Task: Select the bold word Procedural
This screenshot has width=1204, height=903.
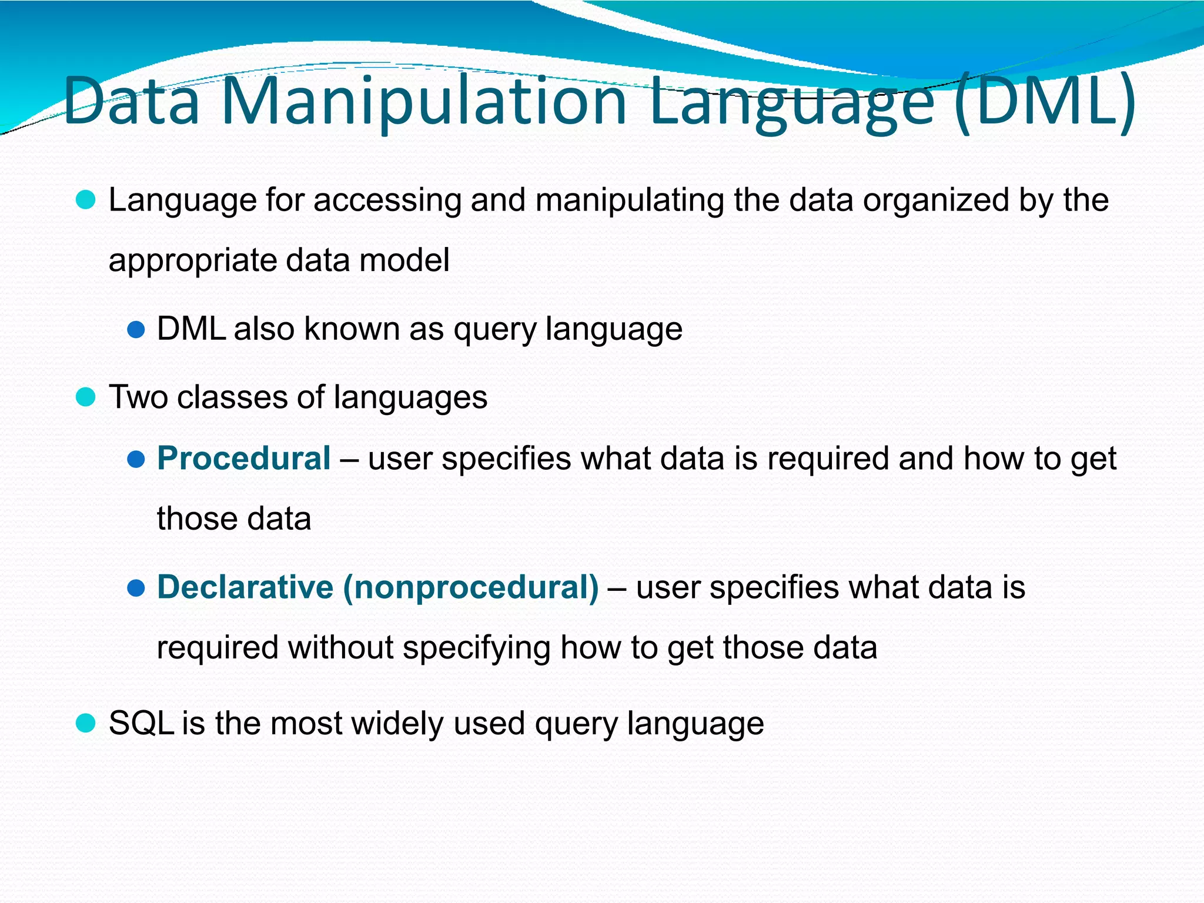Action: [x=243, y=459]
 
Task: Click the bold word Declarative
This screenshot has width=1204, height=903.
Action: [x=245, y=587]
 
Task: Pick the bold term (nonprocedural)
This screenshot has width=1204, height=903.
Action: [x=471, y=587]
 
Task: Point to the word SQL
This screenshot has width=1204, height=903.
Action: [x=141, y=723]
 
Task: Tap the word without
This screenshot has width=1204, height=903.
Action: [x=340, y=648]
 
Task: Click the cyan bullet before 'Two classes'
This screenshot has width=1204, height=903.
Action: [x=86, y=397]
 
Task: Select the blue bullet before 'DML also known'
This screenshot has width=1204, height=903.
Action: [x=136, y=329]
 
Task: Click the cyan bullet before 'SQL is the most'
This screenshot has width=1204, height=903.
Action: [x=86, y=723]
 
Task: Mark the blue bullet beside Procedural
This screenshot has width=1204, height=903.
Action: [x=136, y=459]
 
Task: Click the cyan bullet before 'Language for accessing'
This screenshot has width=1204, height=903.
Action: [x=86, y=200]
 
